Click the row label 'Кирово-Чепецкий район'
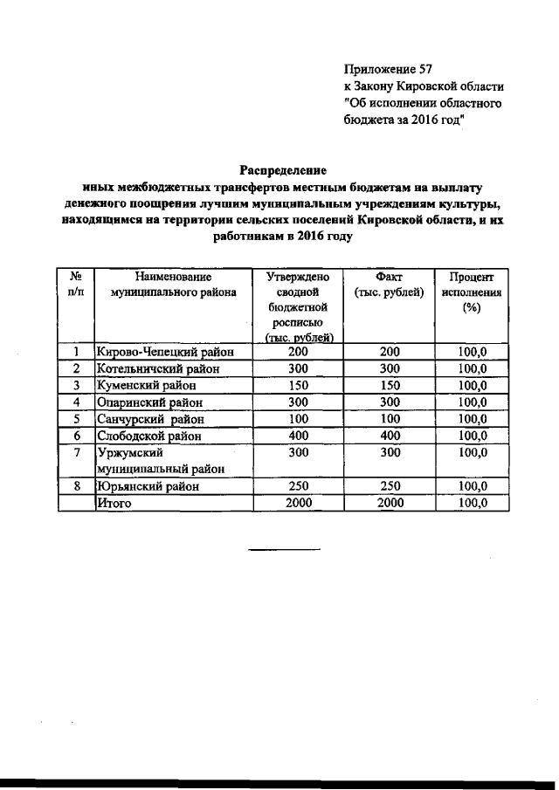(x=162, y=352)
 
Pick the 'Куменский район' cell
(x=144, y=385)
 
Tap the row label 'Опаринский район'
(x=149, y=402)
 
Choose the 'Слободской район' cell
(x=149, y=435)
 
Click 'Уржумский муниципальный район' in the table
(x=162, y=460)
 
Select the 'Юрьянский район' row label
(x=147, y=485)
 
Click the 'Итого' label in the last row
(x=114, y=502)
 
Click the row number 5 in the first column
(x=76, y=418)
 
